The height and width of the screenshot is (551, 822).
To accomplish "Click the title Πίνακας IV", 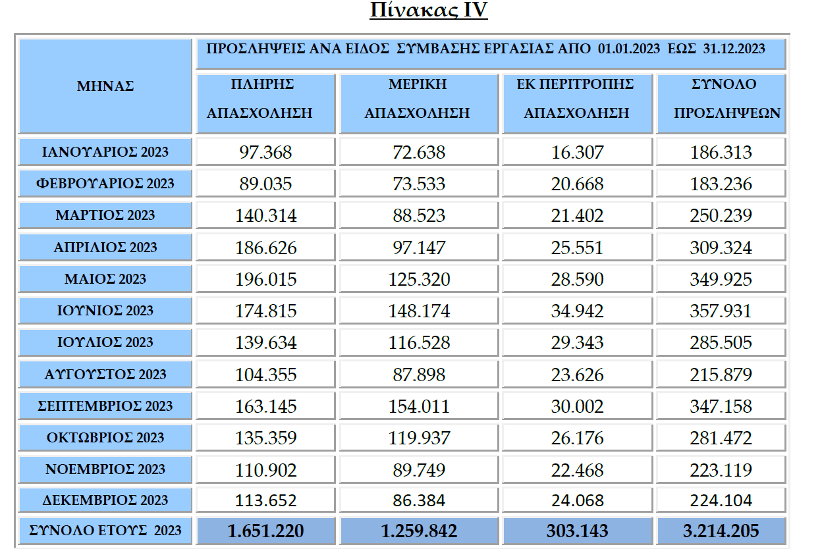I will click(x=429, y=11).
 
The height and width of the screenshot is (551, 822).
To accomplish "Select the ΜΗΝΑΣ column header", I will click(x=105, y=86).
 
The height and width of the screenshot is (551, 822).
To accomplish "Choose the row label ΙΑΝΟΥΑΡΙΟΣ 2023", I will click(x=105, y=152).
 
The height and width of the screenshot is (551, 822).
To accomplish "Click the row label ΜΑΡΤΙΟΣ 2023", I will click(x=105, y=215).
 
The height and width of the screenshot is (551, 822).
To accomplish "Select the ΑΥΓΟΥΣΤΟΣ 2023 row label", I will click(x=105, y=375).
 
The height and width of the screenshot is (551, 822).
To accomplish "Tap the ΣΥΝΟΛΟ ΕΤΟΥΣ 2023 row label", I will click(x=105, y=531).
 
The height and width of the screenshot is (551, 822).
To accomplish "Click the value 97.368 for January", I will click(x=266, y=153).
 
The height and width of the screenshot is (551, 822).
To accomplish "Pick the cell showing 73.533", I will click(x=419, y=184).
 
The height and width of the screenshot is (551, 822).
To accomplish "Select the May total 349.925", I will click(x=721, y=280).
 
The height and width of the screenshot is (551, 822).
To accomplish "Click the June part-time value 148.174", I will click(x=419, y=311).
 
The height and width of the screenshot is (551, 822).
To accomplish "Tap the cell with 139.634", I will click(x=266, y=343).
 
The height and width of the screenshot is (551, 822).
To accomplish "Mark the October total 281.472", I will click(x=721, y=438).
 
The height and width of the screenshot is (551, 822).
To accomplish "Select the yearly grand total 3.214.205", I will click(x=721, y=531).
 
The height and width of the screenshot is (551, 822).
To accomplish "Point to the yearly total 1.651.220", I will click(x=266, y=531).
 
